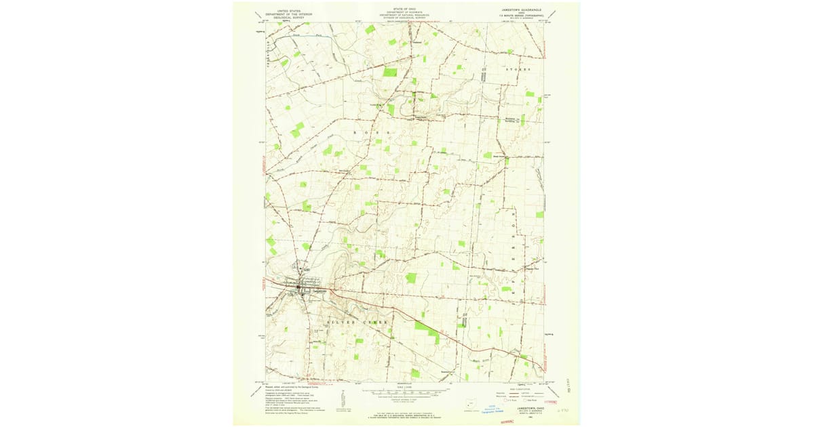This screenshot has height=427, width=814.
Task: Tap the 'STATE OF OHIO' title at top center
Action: (x=400, y=9)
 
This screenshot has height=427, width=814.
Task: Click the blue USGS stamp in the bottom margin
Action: (x=499, y=408)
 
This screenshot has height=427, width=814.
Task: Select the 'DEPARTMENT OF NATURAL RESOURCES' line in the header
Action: (x=400, y=15)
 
